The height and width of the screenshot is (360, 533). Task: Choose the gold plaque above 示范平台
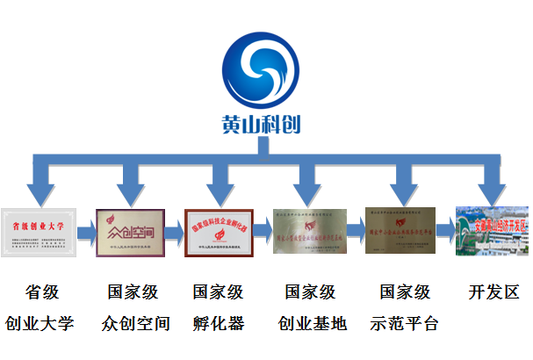[x=400, y=231]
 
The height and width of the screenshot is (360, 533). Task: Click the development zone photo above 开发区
[x=492, y=232]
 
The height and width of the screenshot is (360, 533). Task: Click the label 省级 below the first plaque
[x=40, y=292]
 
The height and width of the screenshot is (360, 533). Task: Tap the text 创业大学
[x=40, y=323]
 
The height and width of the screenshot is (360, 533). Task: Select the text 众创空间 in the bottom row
[x=130, y=323]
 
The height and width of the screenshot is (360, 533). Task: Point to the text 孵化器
[x=219, y=323]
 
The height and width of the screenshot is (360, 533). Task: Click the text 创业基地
[x=310, y=323]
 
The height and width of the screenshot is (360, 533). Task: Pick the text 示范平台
[x=402, y=323]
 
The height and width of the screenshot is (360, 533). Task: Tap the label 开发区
[x=493, y=292]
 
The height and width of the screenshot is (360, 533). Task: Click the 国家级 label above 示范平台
[x=402, y=292]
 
